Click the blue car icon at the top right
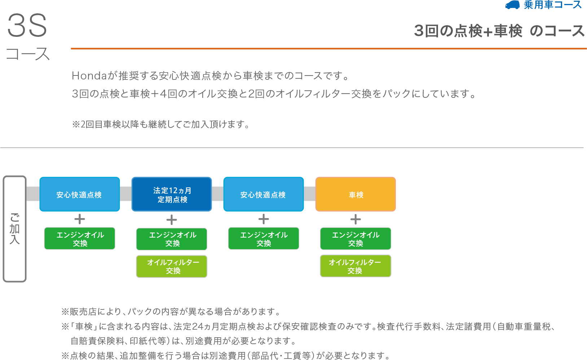click(512, 5)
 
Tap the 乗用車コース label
click(552, 5)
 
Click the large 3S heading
click(27, 26)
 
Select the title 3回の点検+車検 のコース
click(499, 31)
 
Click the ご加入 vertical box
click(14, 229)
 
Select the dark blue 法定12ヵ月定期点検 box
click(172, 194)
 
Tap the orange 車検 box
click(356, 194)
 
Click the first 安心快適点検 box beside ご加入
click(79, 194)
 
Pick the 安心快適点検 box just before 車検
click(263, 194)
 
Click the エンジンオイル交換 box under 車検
click(355, 239)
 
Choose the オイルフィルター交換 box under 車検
click(355, 266)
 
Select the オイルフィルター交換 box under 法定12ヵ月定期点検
click(172, 266)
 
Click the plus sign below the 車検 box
click(355, 219)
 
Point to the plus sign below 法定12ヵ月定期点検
click(172, 220)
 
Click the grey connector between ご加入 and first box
click(33, 194)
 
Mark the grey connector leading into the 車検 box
click(310, 194)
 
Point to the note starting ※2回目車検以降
click(161, 125)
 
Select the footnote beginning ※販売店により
click(171, 312)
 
